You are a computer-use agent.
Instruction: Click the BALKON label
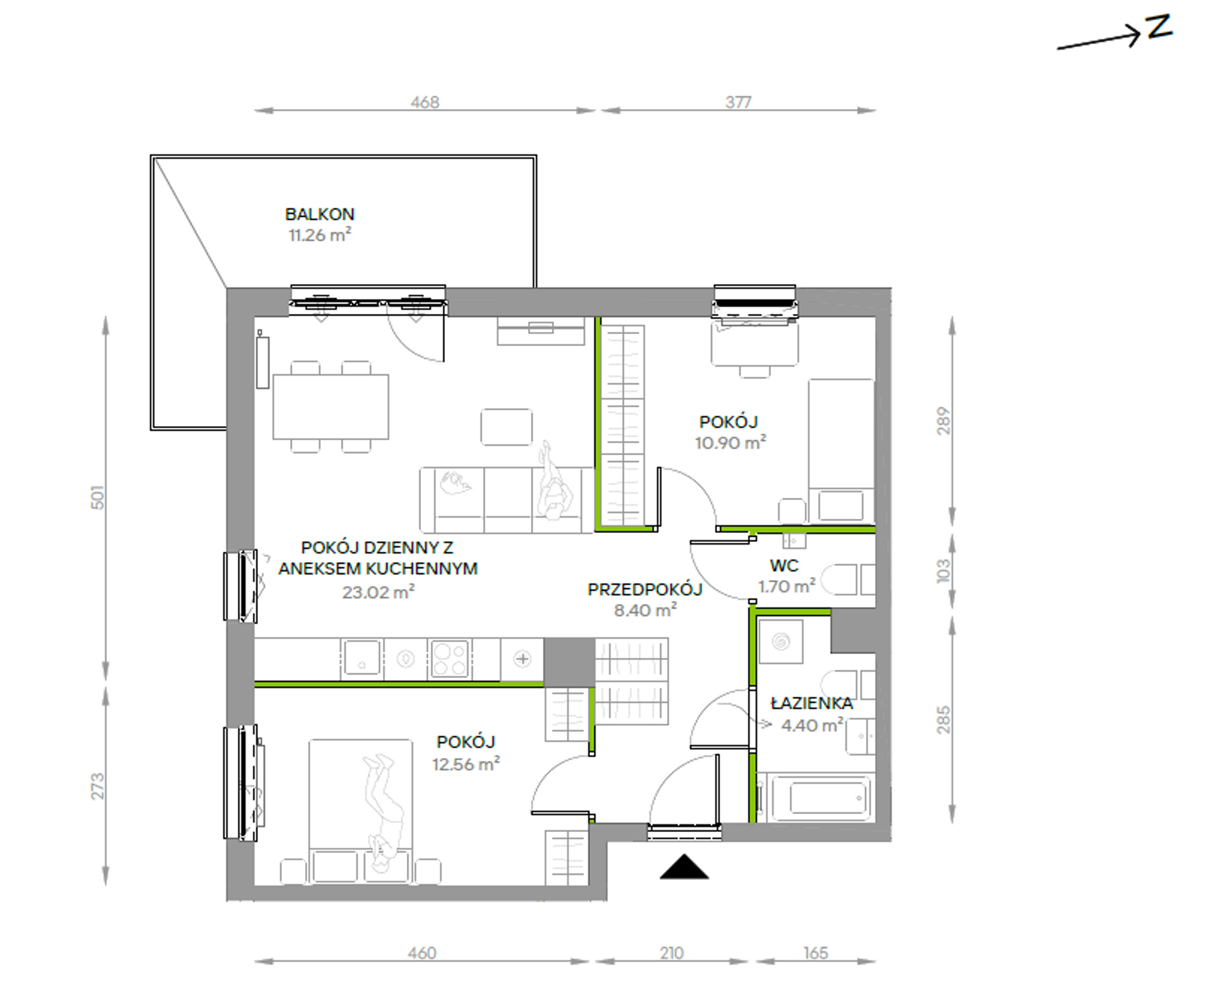pos(320,214)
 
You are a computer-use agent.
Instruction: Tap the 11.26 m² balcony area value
pos(320,235)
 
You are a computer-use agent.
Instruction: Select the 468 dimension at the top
pos(425,102)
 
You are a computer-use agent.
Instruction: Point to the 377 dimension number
pos(738,102)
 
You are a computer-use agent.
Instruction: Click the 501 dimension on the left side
pos(97,498)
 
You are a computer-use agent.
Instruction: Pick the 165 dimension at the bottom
pos(816,953)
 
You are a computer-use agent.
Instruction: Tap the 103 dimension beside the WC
pos(943,571)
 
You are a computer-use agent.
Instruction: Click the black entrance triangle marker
pos(684,867)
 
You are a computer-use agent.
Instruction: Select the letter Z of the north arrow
pos(1159,27)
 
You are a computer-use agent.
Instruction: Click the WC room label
pos(784,566)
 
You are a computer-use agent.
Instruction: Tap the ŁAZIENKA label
pos(812,703)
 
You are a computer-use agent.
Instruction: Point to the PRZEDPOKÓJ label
pos(645,589)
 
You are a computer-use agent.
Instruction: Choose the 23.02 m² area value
pos(378,592)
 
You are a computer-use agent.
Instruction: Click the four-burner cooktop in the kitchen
pos(449,659)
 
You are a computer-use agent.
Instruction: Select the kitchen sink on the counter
pos(362,658)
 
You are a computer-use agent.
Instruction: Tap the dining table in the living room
pos(331,407)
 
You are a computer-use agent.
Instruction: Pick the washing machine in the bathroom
pos(781,641)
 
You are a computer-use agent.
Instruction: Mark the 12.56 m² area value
pos(466,764)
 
